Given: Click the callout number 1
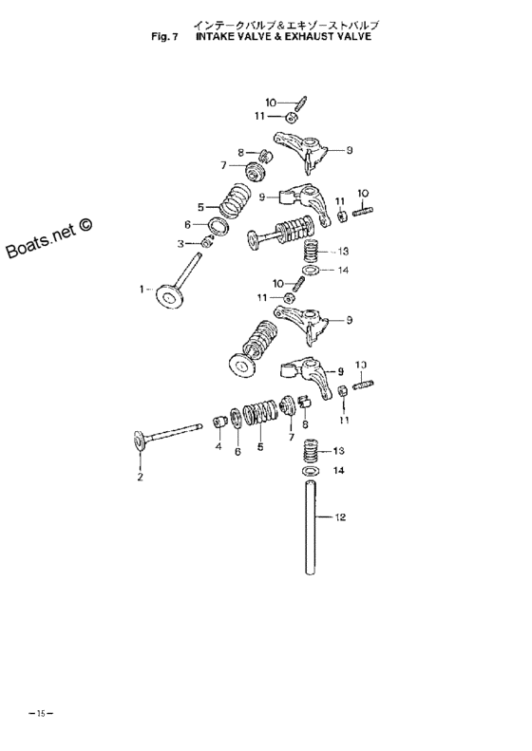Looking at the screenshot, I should tap(143, 288).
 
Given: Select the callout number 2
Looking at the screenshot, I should tap(140, 477).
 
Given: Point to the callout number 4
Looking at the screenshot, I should tap(218, 447).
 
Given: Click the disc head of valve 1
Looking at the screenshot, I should tap(173, 300).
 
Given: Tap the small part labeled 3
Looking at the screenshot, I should tap(207, 243).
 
